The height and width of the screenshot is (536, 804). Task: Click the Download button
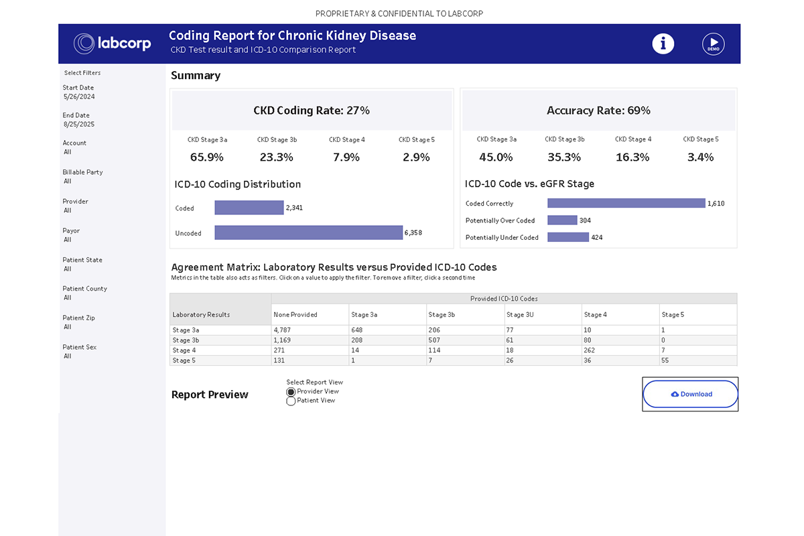(x=691, y=394)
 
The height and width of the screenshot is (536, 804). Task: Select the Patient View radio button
(x=291, y=401)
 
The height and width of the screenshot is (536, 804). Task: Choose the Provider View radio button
(x=291, y=391)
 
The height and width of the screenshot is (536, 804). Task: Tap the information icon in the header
(x=663, y=44)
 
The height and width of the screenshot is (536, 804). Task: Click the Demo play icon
(x=714, y=44)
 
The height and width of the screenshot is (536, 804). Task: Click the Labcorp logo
(x=113, y=44)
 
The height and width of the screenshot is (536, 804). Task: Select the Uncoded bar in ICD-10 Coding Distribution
(x=308, y=232)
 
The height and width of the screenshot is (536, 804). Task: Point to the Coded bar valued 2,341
(x=249, y=208)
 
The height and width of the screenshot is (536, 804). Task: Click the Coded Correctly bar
(x=626, y=203)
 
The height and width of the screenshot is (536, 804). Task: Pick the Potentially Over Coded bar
(x=562, y=220)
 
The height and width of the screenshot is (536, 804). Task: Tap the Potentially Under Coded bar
(x=568, y=237)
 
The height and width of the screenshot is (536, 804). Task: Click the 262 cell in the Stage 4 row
(x=590, y=350)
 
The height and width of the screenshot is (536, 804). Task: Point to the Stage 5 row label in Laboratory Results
(x=184, y=360)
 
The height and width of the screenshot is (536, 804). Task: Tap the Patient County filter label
(x=85, y=289)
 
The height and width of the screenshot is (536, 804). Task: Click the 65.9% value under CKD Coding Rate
(x=207, y=157)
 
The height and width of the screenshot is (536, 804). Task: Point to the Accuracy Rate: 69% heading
(x=598, y=111)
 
